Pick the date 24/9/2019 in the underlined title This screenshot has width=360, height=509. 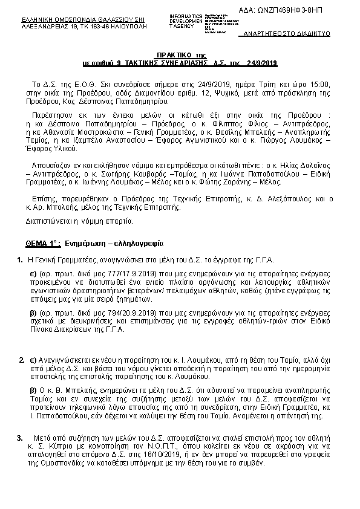(262, 63)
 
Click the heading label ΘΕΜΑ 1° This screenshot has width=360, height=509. (42, 244)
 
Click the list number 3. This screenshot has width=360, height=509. (20, 438)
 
